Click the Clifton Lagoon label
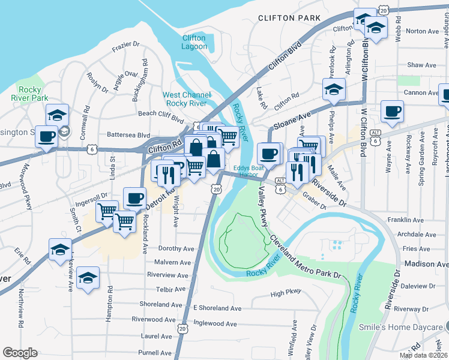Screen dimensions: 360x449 click(194, 43)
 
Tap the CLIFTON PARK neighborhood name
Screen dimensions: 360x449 click(289, 18)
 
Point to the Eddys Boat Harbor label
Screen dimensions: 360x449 click(249, 172)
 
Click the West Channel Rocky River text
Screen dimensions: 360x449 click(187, 99)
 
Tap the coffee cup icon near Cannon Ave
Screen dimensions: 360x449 click(392, 111)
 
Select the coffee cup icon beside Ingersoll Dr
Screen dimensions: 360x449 click(135, 198)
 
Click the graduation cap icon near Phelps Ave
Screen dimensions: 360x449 click(334, 89)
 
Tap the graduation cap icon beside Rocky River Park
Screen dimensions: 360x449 click(58, 115)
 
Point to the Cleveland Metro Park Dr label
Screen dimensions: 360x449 click(305, 257)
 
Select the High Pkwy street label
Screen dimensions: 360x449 click(285, 294)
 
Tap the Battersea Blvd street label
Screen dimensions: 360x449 click(128, 136)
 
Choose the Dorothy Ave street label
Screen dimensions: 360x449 click(176, 248)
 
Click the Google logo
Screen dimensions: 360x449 click(20, 353)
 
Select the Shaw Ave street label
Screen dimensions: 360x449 click(421, 65)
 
